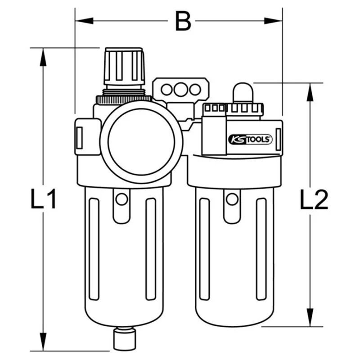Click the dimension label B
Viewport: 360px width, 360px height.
coord(182,20)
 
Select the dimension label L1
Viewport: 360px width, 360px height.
coord(44,199)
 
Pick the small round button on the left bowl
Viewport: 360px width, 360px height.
coord(121,198)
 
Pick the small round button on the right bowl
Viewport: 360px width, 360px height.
coord(232,198)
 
